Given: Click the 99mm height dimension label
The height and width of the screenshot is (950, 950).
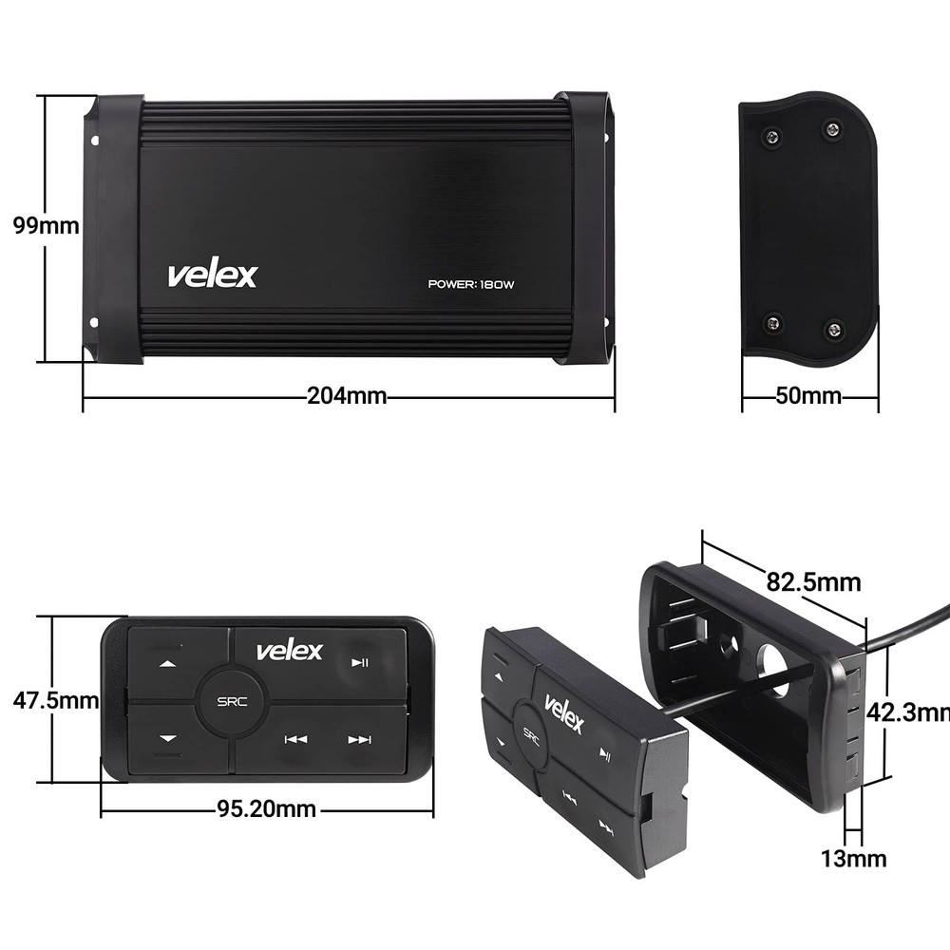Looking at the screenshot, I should (45, 227).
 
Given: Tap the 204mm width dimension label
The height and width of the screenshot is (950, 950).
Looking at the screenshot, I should (347, 396).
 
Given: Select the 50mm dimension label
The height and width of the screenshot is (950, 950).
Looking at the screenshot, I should (808, 396).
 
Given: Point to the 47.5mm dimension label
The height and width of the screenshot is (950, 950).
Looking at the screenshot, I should (55, 701).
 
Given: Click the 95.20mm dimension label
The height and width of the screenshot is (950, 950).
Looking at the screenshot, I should (266, 809).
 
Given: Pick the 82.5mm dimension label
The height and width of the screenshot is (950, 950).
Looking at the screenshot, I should (814, 580).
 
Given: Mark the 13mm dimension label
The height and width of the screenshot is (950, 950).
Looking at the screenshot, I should (854, 859).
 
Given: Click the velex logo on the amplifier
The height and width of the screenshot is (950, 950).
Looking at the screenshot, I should (212, 275).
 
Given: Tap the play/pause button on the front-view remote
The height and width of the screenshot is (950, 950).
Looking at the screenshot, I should (360, 663).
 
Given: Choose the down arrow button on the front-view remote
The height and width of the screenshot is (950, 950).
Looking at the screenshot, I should (168, 738).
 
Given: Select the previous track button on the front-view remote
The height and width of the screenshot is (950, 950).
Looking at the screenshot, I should (295, 739).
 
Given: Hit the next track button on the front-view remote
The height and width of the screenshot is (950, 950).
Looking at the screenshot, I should (359, 739).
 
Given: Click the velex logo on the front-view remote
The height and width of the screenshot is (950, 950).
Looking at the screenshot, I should (289, 651).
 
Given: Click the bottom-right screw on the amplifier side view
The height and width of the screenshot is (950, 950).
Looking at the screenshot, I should (835, 329).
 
